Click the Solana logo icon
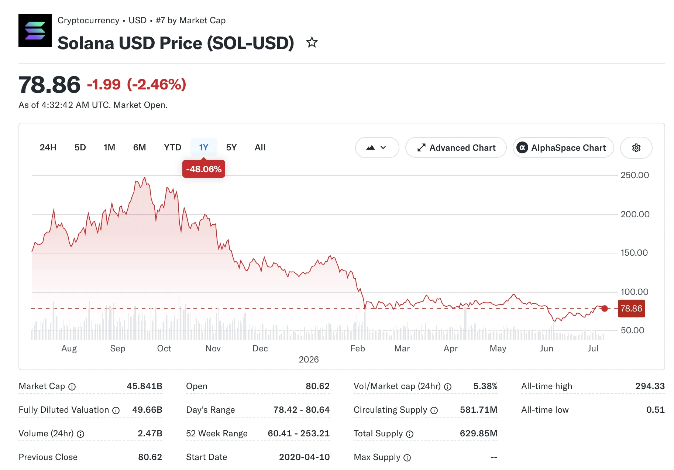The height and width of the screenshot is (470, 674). [x=35, y=31]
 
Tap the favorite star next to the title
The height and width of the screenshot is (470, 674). [x=312, y=42]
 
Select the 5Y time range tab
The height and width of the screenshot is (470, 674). [x=231, y=147]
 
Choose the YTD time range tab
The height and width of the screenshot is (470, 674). [x=172, y=147]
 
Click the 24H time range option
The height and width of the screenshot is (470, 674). [x=48, y=147]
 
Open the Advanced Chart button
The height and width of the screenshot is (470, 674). [x=456, y=148]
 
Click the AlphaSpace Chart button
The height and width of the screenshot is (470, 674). [x=563, y=148]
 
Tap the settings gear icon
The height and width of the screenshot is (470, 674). [x=636, y=148]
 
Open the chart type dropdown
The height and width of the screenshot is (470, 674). [x=377, y=148]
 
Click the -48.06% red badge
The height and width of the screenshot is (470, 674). [x=204, y=169]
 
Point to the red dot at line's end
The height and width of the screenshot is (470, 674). [x=605, y=309]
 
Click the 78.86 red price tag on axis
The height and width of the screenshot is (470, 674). [x=632, y=309]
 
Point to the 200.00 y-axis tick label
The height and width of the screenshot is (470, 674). [x=635, y=214]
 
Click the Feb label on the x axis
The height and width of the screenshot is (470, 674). [x=358, y=348]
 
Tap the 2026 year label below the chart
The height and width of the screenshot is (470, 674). [x=309, y=360]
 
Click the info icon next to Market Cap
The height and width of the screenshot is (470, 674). [x=72, y=387]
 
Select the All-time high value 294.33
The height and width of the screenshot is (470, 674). [x=650, y=386]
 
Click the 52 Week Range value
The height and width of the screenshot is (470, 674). [x=299, y=433]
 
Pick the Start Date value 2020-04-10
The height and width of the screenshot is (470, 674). [x=305, y=457]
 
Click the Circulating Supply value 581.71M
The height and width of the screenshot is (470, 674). [x=479, y=410]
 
